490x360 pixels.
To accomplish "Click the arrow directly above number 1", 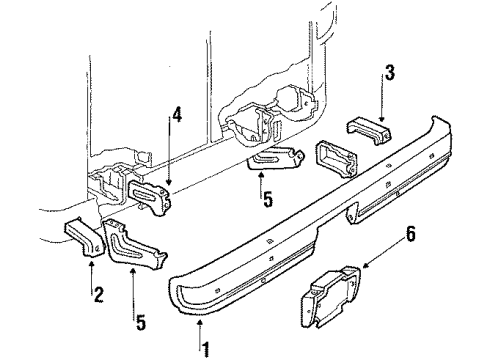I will [201, 327].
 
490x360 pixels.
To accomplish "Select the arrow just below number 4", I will [172, 160].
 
